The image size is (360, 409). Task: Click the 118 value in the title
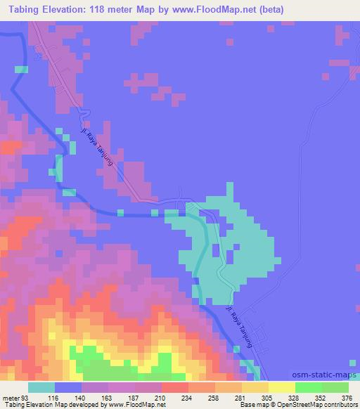(111, 8)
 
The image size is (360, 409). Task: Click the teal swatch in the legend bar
(41, 388)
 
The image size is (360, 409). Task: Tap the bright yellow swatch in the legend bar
(282, 388)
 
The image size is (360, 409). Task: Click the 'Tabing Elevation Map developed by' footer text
(51, 404)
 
